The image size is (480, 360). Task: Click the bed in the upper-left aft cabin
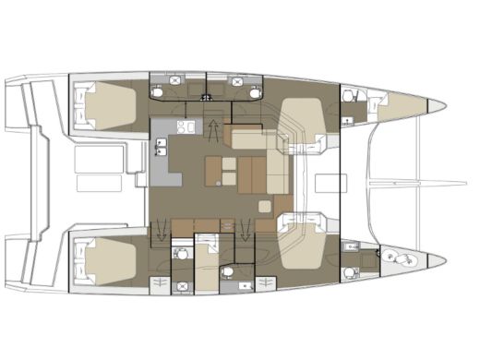[111, 104]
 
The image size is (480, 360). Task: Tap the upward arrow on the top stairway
[215, 128]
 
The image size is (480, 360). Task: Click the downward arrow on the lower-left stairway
[163, 227]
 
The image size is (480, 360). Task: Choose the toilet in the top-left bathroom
[159, 91]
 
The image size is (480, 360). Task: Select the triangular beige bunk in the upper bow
[397, 106]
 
